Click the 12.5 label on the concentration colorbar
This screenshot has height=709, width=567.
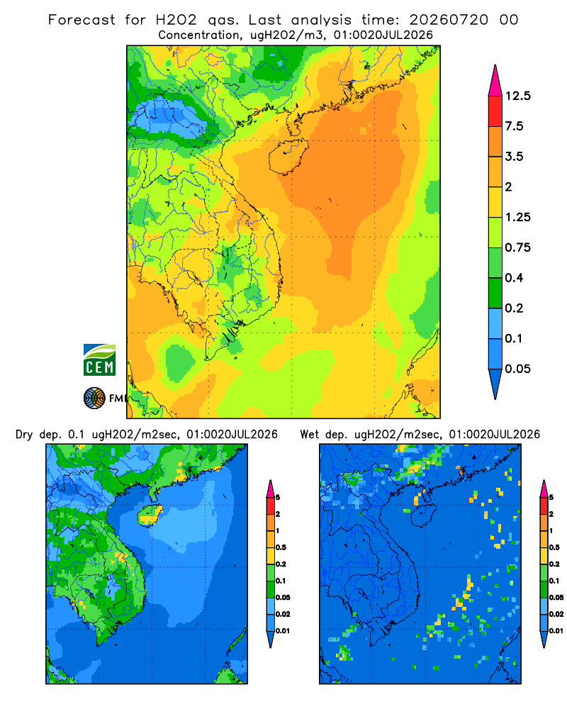[x=517, y=96]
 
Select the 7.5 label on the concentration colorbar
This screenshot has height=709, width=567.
[x=514, y=126]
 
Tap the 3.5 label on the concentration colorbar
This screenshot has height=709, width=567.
[x=514, y=157]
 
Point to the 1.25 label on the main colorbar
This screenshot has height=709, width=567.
[x=517, y=217]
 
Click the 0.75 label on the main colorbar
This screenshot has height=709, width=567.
[x=517, y=247]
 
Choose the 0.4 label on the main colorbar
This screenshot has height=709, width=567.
[x=514, y=278]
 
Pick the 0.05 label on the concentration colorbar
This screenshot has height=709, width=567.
[x=517, y=369]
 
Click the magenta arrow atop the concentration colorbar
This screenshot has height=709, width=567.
[x=495, y=82]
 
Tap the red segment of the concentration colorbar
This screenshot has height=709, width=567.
[x=495, y=111]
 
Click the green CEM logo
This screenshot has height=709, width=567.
[x=99, y=360]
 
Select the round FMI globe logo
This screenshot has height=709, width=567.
[x=94, y=398]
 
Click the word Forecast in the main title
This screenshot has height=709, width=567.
[x=82, y=20]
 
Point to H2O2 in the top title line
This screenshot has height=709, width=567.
[x=176, y=20]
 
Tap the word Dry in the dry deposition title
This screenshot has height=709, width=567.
[x=24, y=435]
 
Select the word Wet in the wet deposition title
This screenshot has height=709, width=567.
[x=310, y=435]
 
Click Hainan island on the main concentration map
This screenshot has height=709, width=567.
[x=288, y=157]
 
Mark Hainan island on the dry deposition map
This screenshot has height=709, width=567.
[x=150, y=515]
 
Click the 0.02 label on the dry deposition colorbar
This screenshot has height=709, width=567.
[x=283, y=614]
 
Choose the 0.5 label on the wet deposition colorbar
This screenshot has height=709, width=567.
[x=554, y=547]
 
